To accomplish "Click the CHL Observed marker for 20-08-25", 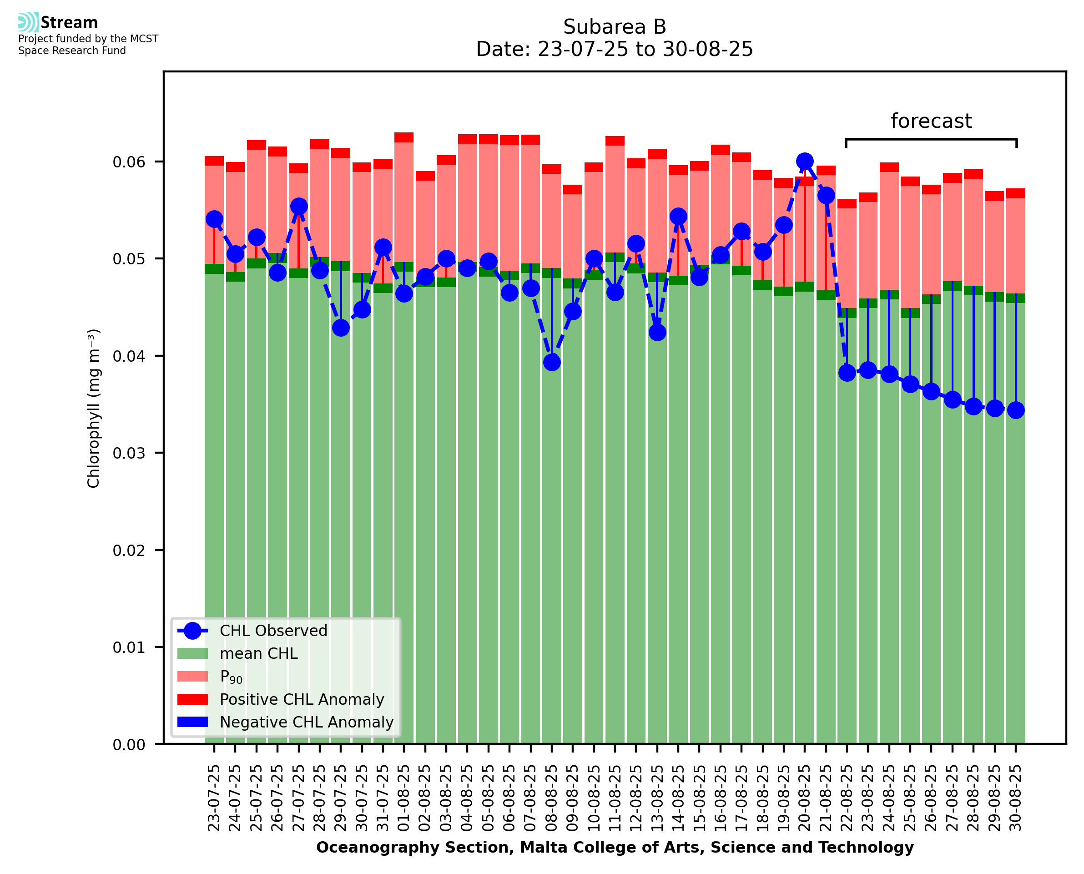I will coord(804,162).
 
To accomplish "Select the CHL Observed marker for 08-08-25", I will coord(552,363).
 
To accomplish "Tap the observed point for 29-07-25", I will coord(341,328).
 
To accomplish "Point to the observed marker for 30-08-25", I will coord(1016,410).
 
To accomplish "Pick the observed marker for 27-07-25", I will coord(299,207).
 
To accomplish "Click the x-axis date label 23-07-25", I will coord(214,798).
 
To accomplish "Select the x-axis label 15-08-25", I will coord(700,798).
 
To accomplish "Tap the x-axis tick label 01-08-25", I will coord(404,798).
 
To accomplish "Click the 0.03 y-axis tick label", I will coord(129,453).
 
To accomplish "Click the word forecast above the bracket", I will coord(931,121).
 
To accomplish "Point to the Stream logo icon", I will coord(28,22).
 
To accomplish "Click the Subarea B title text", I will coord(615,27).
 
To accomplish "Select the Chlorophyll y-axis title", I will coord(94,408).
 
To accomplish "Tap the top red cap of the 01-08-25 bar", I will coord(404,137).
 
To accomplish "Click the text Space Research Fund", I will coord(72,51).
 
